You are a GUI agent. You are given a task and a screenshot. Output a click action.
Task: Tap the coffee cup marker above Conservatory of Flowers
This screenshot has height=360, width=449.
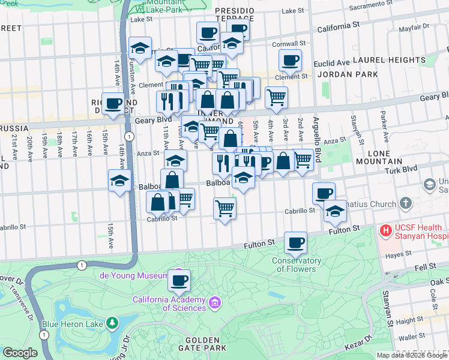point(295,242)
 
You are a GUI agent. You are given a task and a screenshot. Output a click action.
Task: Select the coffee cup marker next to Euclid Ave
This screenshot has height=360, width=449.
point(291,60)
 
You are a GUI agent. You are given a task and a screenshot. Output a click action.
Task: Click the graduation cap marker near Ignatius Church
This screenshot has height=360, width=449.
point(335,211)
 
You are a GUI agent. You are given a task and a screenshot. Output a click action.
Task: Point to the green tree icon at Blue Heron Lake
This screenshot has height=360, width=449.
point(112,323)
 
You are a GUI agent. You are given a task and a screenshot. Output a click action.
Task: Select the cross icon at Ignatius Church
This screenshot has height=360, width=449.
point(406,204)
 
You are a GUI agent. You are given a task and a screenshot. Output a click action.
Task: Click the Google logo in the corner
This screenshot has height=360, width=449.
point(20,352)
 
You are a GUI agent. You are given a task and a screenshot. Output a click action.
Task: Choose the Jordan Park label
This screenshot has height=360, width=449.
point(348,74)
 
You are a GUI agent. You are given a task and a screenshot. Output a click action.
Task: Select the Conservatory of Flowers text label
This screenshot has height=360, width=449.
point(296,265)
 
